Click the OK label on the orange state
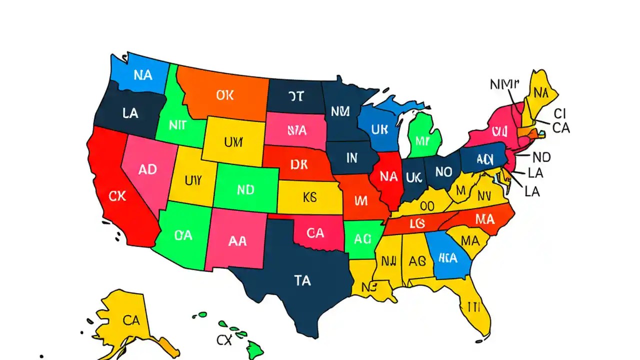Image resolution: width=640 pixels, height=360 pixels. pyautogui.click(x=225, y=95)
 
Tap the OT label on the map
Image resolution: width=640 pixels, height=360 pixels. pyautogui.click(x=295, y=96)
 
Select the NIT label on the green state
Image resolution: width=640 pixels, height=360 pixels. pyautogui.click(x=177, y=125)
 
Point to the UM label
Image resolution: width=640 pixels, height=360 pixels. pyautogui.click(x=233, y=142)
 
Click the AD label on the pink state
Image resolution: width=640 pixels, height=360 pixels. pyautogui.click(x=147, y=169)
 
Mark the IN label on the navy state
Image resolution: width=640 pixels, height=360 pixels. pyautogui.click(x=351, y=158)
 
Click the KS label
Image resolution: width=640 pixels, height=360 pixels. pyautogui.click(x=310, y=196)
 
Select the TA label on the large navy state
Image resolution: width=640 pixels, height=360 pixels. pyautogui.click(x=302, y=281)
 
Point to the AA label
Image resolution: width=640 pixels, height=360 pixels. pyautogui.click(x=237, y=241)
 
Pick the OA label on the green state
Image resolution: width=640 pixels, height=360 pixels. pyautogui.click(x=183, y=235)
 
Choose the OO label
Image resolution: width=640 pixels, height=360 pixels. pyautogui.click(x=426, y=205)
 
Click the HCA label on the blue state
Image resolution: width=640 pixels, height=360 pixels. pyautogui.click(x=447, y=258)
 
